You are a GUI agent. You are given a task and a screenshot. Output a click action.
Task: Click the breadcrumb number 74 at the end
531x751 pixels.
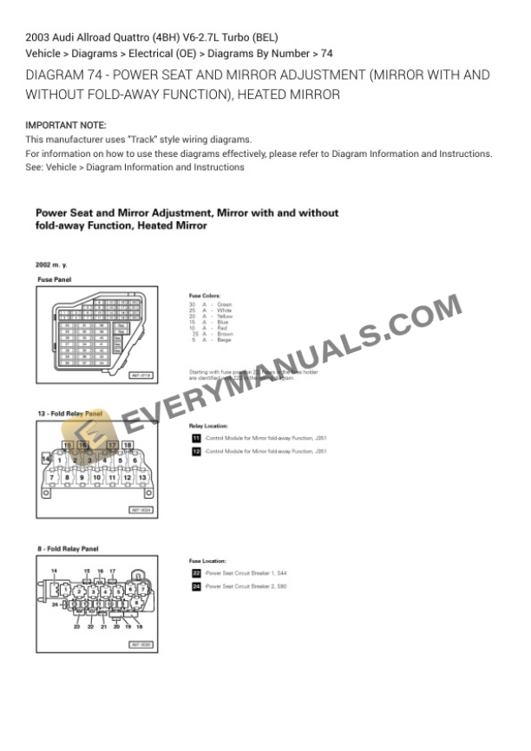pos(327,53)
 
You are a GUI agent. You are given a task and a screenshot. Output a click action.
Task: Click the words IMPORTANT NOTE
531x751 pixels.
pos(66,126)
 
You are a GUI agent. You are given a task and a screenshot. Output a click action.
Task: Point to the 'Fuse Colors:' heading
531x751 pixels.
pos(205,296)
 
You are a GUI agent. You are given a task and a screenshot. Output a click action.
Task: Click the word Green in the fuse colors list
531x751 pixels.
pos(225,304)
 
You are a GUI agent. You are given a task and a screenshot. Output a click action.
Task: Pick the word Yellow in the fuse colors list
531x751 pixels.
pos(225,317)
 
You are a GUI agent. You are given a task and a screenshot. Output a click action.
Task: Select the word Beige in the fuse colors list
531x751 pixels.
pos(224,340)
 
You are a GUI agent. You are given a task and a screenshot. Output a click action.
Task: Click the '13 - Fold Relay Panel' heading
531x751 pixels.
pos(69,415)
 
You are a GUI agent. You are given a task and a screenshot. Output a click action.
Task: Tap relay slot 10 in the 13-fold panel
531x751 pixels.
pos(97,477)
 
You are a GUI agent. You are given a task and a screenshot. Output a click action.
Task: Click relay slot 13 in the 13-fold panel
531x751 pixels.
pos(143,477)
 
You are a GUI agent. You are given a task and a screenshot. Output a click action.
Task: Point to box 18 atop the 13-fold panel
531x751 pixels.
pos(128,445)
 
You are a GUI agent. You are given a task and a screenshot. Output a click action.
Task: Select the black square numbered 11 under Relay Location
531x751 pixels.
pos(196,439)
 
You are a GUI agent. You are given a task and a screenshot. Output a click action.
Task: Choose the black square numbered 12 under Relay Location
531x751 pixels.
pos(196,452)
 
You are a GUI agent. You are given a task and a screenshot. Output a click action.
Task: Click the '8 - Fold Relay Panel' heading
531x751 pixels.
pos(68,549)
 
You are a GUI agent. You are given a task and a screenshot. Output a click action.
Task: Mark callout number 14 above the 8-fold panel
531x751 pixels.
pos(54,570)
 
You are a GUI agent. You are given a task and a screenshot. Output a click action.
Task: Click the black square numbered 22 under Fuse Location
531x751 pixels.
pos(196,574)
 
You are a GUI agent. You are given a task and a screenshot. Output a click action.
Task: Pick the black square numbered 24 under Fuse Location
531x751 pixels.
pos(196,587)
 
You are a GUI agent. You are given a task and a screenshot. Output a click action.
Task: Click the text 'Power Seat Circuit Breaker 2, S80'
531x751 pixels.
pos(246,587)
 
